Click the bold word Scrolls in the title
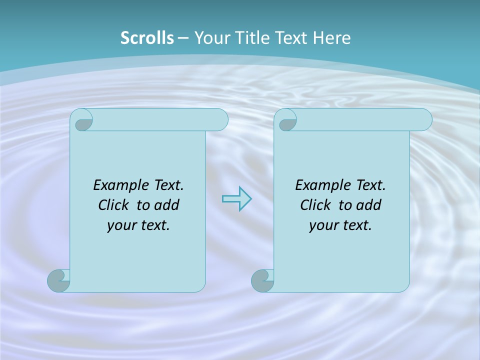coord(147,38)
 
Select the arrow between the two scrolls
coord(236,199)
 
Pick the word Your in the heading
coord(210,38)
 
